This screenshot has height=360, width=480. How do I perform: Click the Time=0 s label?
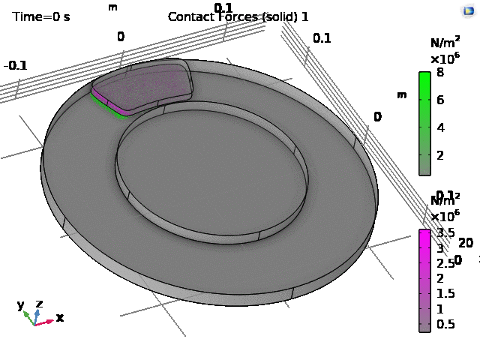tap(41, 16)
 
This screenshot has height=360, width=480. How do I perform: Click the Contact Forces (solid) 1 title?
tap(238, 16)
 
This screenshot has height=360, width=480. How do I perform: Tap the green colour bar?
tap(424, 123)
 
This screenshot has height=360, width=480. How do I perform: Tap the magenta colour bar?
tap(424, 280)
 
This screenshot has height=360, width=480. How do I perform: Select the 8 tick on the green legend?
tap(440, 73)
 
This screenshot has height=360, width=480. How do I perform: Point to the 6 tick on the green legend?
tap(440, 100)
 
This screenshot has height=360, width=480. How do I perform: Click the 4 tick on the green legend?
tap(440, 127)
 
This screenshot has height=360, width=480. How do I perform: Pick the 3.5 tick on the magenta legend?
tap(445, 232)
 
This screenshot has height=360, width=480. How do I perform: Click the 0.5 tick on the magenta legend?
tap(445, 324)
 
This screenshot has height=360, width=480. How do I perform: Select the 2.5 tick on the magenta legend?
tap(445, 263)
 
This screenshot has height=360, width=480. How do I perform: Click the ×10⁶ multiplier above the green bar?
tap(443, 58)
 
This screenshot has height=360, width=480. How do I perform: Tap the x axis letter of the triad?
tap(60, 318)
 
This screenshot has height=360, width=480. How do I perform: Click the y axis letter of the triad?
tap(21, 305)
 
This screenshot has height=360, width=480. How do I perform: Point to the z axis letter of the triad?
tap(39, 304)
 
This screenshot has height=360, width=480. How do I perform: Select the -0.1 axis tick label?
tap(15, 65)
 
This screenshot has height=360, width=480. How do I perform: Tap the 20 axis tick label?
tap(465, 242)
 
